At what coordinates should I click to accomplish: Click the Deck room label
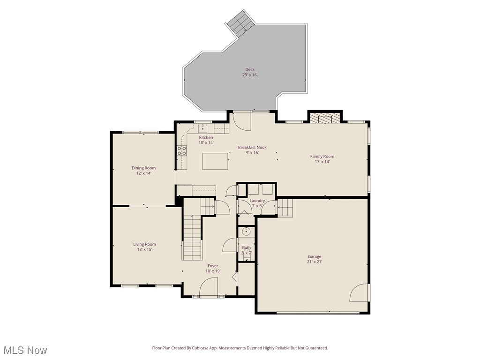click(x=250, y=69)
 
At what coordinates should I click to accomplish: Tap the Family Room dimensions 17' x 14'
click(x=322, y=162)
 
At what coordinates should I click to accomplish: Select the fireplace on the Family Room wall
click(x=325, y=118)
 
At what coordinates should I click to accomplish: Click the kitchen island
click(x=215, y=161)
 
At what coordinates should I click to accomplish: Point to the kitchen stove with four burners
click(x=181, y=150)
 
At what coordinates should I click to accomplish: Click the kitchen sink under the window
click(x=203, y=127)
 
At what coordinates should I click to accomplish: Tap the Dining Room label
click(x=143, y=168)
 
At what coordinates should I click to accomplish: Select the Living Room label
click(x=144, y=244)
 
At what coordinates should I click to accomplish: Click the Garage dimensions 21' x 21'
click(x=315, y=262)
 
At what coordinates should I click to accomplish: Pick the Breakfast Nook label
click(x=252, y=147)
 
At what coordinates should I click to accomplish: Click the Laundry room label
click(x=257, y=201)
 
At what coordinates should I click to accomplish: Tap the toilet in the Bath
click(x=247, y=231)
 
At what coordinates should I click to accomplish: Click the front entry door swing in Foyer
click(x=210, y=287)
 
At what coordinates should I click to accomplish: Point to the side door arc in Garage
click(x=359, y=293)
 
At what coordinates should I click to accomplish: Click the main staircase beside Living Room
click(x=192, y=237)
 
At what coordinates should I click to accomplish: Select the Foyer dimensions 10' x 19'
click(x=213, y=271)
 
